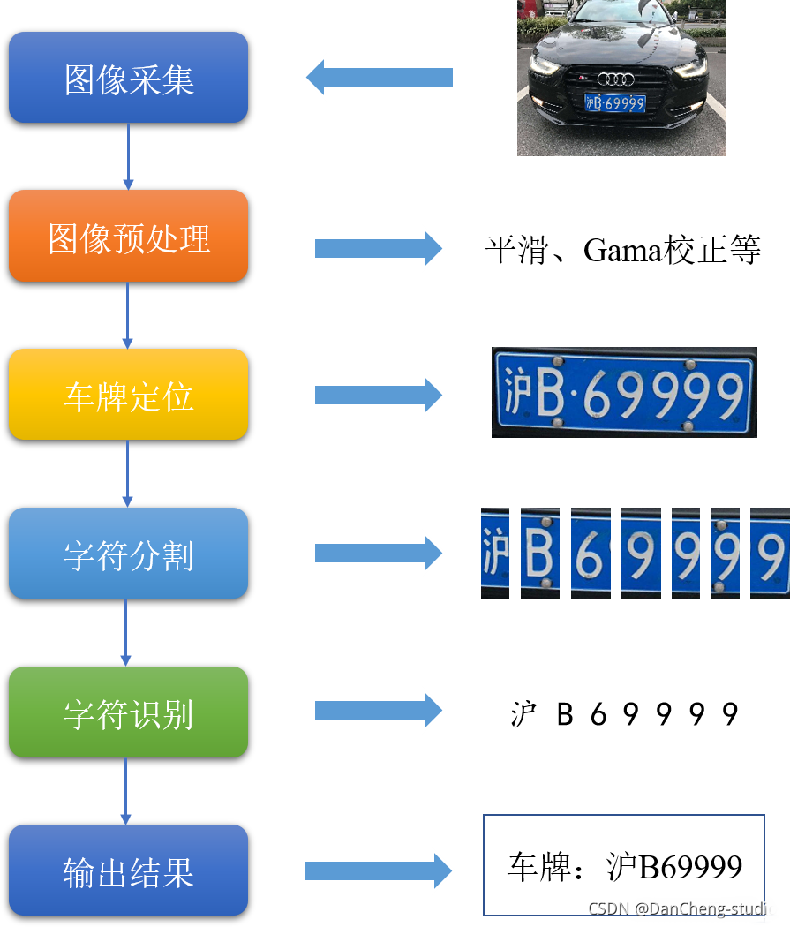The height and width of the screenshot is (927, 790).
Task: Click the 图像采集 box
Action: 128,78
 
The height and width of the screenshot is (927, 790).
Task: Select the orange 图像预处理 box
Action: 128,237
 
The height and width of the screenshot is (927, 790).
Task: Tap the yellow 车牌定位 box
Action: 128,395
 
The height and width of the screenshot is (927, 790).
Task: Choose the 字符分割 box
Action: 128,554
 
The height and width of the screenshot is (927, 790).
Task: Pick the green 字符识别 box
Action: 128,712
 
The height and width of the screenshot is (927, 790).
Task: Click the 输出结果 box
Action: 128,870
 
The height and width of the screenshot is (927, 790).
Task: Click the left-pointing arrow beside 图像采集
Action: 380,78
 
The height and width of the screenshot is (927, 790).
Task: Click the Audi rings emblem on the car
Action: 615,79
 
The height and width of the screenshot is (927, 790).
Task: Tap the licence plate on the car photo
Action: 615,103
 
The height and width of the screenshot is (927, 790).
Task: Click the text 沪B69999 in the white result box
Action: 675,867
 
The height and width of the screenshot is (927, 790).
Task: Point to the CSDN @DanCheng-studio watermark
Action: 682,908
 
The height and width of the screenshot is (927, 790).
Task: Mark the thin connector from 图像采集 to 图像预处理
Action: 128,155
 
